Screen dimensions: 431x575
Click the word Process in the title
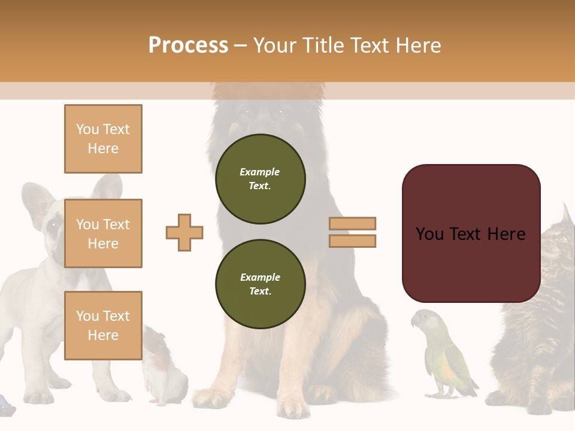tap(188, 45)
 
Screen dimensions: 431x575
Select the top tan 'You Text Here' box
tap(103, 139)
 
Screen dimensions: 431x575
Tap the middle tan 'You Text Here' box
tap(103, 233)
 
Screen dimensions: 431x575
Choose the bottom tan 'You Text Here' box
tap(103, 325)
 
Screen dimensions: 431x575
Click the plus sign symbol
tap(184, 232)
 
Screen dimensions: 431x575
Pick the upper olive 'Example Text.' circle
tap(260, 179)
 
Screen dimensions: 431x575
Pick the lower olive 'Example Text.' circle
tap(260, 284)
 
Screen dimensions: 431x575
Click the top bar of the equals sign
tap(353, 223)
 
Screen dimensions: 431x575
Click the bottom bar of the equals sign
tap(353, 241)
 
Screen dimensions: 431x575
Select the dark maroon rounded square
tap(471, 233)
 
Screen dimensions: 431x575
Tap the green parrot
tap(446, 356)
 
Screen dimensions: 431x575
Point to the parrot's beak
tap(414, 323)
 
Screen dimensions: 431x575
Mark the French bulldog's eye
tap(54, 225)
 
